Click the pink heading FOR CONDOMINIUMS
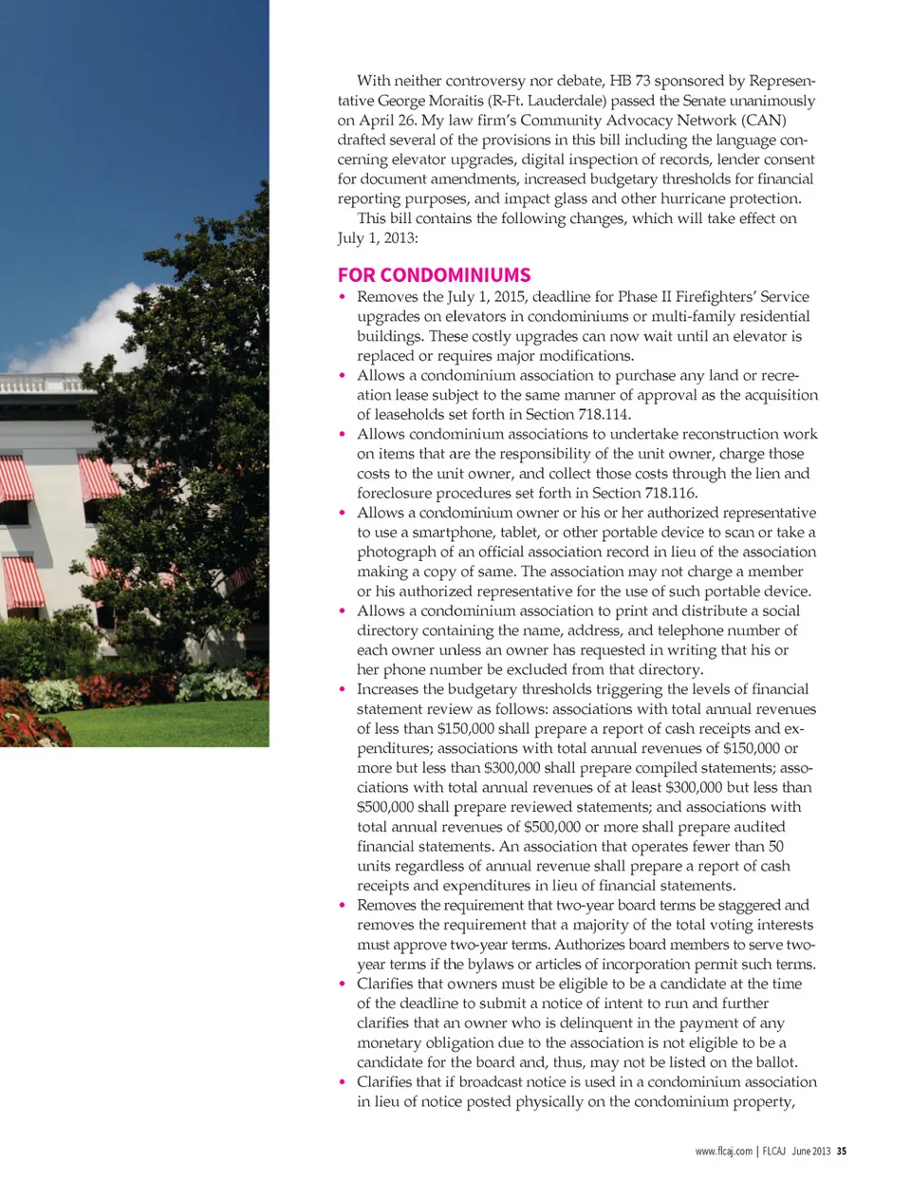pyautogui.click(x=434, y=275)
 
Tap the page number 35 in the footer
pyautogui.click(x=841, y=1152)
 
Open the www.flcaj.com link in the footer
pyautogui.click(x=723, y=1152)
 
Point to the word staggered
pyautogui.click(x=748, y=905)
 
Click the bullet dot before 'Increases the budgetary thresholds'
pyautogui.click(x=343, y=689)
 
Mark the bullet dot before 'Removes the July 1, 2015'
pyautogui.click(x=343, y=297)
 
